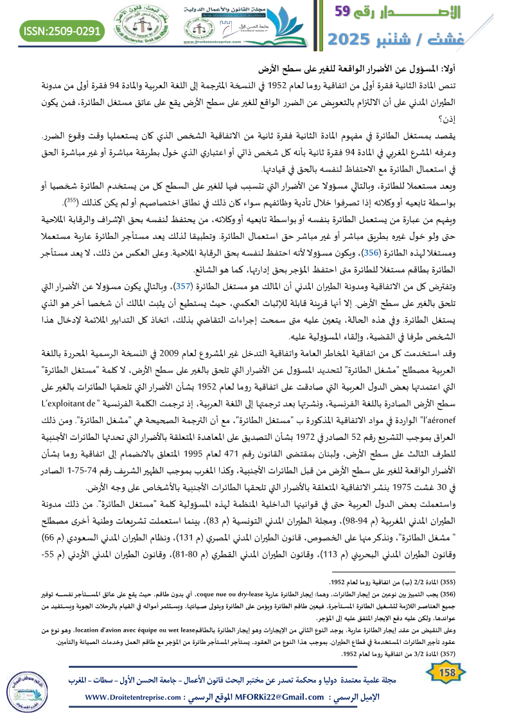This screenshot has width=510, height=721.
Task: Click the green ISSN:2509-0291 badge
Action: point(62,30)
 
